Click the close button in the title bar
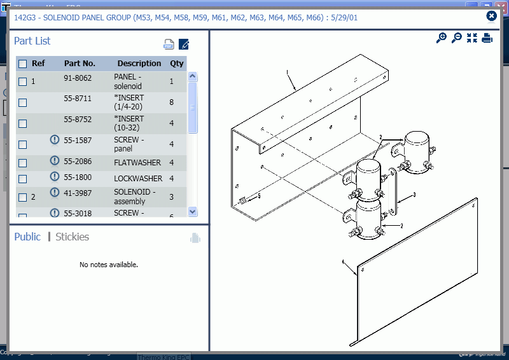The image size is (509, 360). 491,16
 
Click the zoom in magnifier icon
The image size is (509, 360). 441,38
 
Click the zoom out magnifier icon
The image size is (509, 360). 456,38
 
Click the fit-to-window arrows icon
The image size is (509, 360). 471,38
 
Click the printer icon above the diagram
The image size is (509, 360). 487,38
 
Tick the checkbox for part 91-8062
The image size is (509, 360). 23,81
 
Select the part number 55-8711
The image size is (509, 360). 78,99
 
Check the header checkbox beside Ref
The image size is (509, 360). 23,64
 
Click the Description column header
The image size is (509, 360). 139,64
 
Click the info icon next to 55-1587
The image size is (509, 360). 55,140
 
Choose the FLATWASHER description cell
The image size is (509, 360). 138,163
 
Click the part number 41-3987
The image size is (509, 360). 78,192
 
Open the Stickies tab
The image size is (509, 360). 72,237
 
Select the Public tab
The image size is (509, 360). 27,237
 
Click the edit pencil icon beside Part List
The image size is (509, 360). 184,45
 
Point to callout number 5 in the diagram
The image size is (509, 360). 259,197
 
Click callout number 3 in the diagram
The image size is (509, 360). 414,195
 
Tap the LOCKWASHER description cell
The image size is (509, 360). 138,179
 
